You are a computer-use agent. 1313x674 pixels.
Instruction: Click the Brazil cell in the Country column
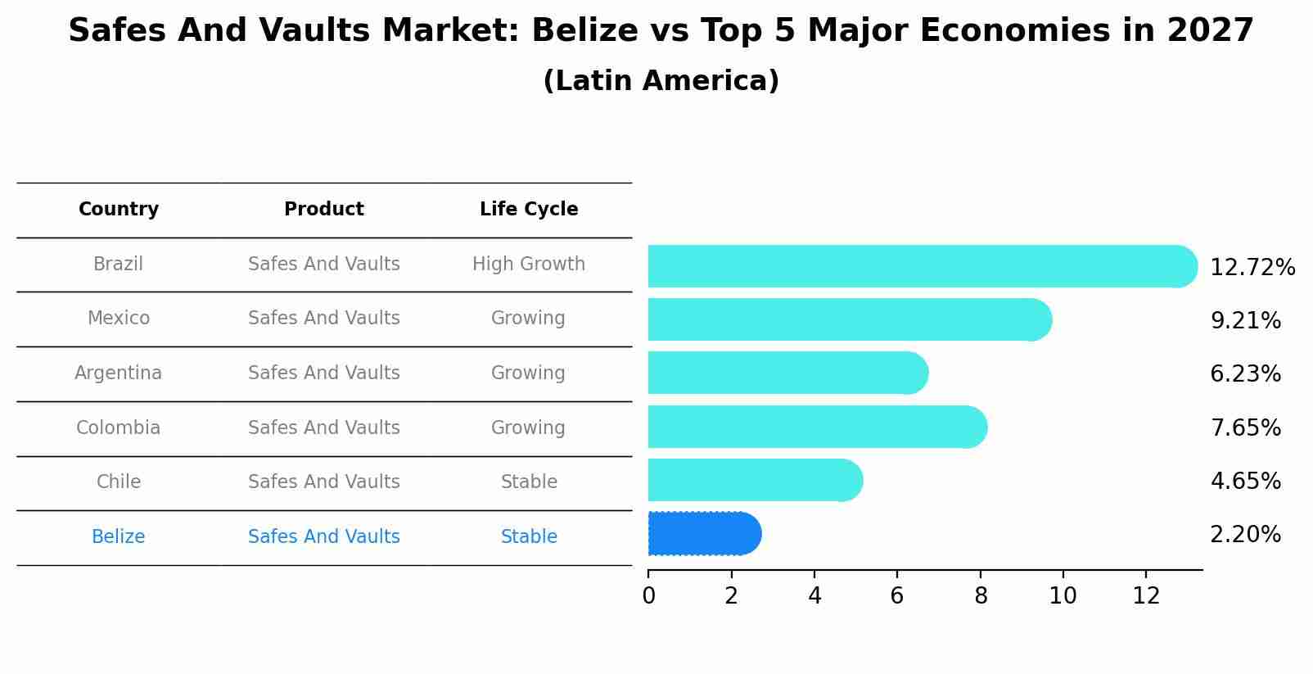118,264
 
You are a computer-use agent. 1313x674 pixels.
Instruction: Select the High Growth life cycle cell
528,264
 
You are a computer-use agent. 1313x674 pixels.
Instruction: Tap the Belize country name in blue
118,536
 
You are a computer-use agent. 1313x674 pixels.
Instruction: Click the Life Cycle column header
528,209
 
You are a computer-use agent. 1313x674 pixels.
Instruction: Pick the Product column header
323,209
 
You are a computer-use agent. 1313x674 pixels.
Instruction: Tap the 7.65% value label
1245,427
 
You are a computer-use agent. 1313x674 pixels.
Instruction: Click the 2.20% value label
1245,535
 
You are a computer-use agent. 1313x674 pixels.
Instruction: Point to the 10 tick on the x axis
1063,596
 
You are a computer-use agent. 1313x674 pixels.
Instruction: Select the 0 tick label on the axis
648,596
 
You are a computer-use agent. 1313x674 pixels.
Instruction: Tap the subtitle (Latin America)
661,81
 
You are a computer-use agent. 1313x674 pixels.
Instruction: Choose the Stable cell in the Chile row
528,482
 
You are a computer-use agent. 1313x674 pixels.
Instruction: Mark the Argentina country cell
118,373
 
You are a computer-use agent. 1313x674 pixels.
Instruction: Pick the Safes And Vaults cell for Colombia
323,427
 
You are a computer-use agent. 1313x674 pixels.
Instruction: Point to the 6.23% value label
1245,374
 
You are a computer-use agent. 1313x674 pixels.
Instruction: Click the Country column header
118,209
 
